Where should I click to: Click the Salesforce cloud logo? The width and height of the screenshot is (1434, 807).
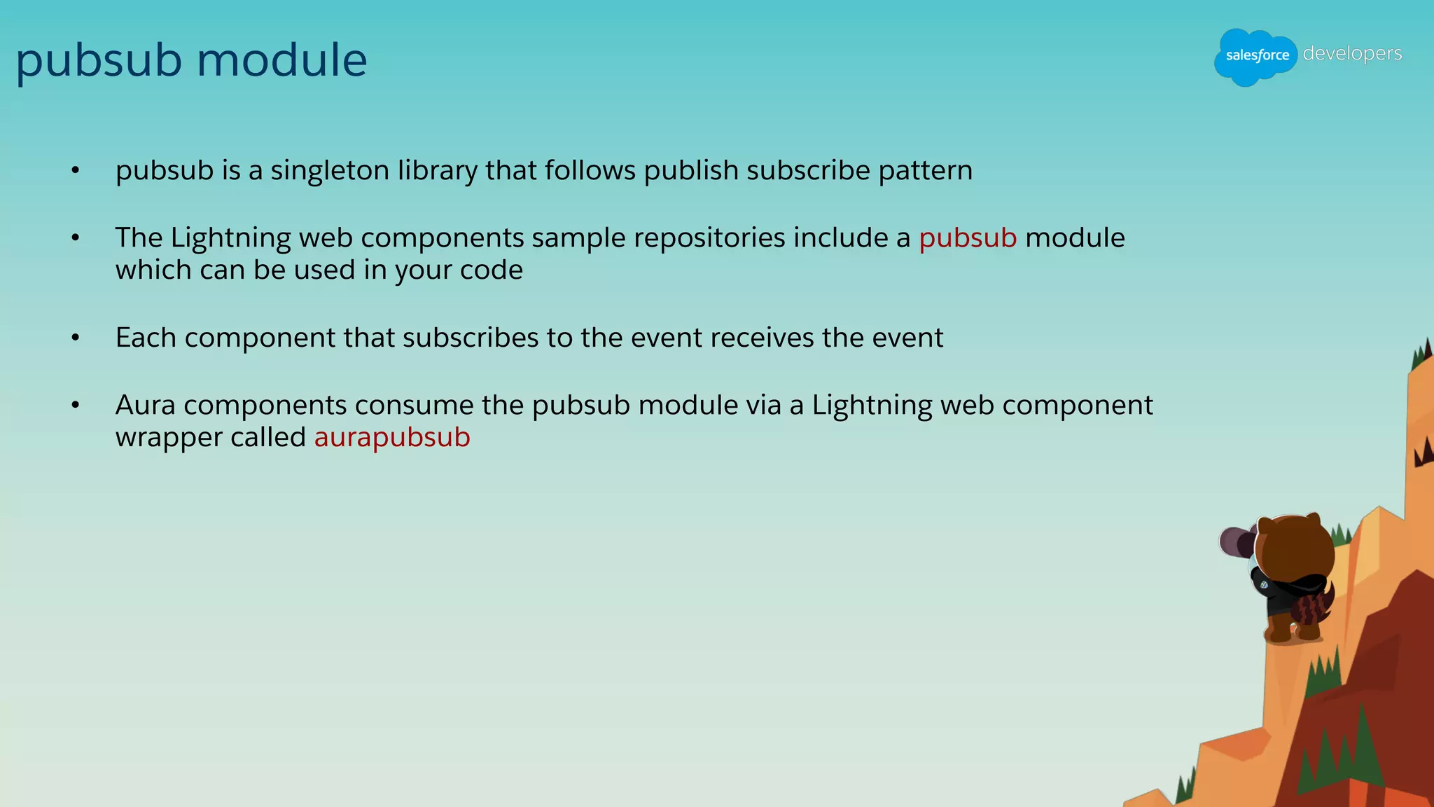[1256, 56]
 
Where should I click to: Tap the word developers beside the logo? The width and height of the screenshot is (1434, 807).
[1352, 54]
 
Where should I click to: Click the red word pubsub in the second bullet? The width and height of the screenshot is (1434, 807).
[967, 238]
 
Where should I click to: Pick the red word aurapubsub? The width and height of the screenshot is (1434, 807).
[392, 438]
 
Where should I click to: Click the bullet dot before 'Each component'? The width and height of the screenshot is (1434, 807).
[76, 338]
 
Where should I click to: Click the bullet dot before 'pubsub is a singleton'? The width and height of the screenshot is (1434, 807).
[76, 171]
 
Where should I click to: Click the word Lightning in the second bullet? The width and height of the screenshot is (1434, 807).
[230, 238]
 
